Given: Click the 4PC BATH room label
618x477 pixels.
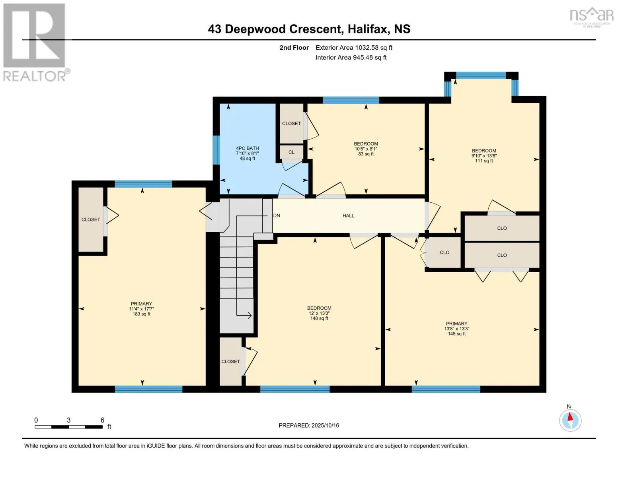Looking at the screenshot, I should click(x=247, y=148).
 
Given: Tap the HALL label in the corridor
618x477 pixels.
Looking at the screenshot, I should click(x=348, y=215).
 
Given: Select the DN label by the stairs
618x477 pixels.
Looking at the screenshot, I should click(x=277, y=215).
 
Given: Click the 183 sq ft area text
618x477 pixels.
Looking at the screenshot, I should click(x=141, y=314).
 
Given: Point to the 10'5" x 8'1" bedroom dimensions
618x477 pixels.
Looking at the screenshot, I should click(x=366, y=149).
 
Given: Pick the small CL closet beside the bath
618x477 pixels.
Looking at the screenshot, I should click(x=291, y=152).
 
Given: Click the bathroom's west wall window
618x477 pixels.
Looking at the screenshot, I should click(x=216, y=150).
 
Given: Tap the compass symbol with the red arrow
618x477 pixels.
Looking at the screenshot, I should click(x=570, y=420).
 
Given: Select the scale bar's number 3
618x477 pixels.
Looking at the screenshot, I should click(x=68, y=420).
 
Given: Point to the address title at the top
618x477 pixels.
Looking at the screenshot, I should click(x=309, y=29).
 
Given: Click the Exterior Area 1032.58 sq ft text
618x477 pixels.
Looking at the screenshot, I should click(x=354, y=47).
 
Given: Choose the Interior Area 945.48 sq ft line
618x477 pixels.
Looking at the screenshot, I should click(x=351, y=57).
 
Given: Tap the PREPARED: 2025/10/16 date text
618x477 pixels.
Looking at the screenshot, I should click(x=309, y=425).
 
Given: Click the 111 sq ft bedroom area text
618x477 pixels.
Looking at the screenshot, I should click(x=484, y=161).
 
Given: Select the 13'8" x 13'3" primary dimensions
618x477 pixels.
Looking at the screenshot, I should click(x=456, y=329).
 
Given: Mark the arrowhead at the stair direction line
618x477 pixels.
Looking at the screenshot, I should click(x=249, y=316).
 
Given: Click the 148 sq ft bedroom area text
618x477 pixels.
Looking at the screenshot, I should click(x=319, y=318).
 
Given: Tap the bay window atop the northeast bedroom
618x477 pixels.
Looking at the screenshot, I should click(x=481, y=75).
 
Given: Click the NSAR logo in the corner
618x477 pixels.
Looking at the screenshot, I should click(x=592, y=16).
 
